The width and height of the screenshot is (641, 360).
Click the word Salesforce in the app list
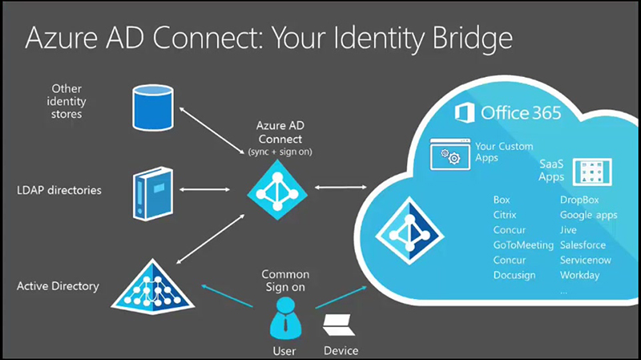click(583, 245)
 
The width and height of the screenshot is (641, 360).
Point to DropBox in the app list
click(579, 200)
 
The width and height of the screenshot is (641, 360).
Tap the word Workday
click(580, 275)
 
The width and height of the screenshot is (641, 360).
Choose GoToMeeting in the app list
click(523, 245)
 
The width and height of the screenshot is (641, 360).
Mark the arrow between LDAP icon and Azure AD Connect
click(211, 190)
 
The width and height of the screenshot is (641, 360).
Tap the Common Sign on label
click(285, 281)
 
